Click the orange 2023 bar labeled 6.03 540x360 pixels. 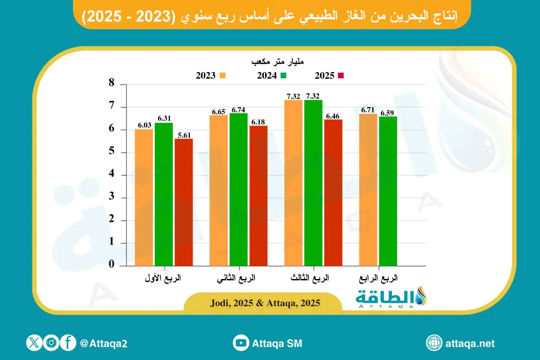click(x=144, y=198)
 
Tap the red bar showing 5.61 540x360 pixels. click(x=184, y=202)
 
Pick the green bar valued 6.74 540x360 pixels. click(x=238, y=189)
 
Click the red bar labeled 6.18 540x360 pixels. click(x=258, y=196)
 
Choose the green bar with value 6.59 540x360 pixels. click(x=388, y=191)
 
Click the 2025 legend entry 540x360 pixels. click(x=329, y=76)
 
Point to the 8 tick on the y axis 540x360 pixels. click(x=111, y=84)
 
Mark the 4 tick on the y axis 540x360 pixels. click(x=111, y=175)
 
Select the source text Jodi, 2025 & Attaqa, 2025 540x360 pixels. click(x=265, y=303)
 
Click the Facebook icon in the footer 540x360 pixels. click(x=67, y=343)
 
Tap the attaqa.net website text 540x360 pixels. click(x=470, y=343)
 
